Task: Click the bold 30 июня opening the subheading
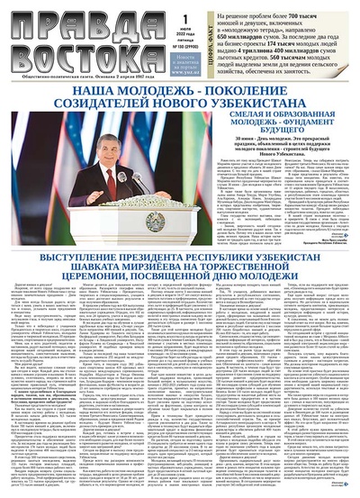240,156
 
